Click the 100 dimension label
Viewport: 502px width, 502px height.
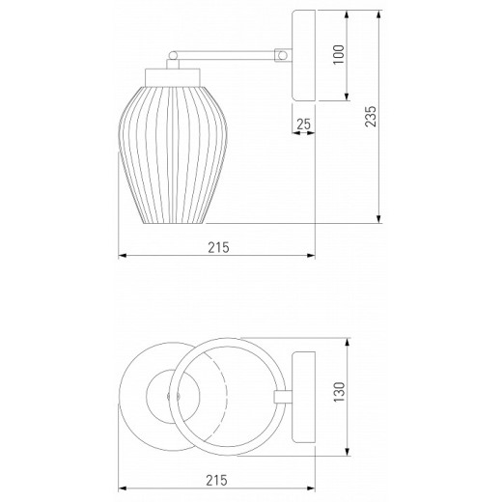click(339, 55)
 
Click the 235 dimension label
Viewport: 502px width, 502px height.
click(371, 116)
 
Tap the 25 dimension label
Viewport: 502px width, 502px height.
click(303, 124)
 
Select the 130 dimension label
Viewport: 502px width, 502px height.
click(339, 392)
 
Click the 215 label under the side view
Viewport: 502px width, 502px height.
click(218, 247)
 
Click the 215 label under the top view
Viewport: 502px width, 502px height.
click(216, 481)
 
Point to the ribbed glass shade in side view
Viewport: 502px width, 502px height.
click(173, 154)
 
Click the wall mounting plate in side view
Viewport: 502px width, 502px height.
click(303, 55)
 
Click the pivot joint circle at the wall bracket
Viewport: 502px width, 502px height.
click(283, 55)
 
